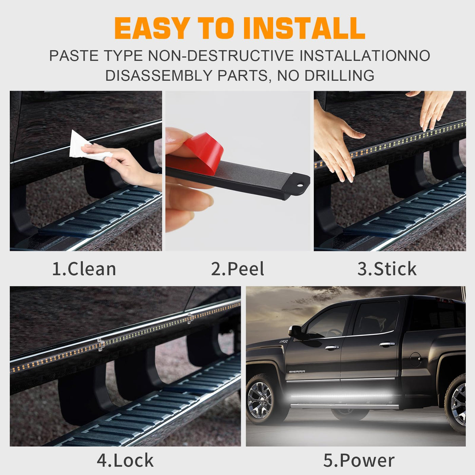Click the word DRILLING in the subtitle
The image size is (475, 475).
(339, 75)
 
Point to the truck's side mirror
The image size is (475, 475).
(294, 331)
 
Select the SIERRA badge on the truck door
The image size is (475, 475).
(297, 372)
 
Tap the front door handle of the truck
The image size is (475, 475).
(332, 347)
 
